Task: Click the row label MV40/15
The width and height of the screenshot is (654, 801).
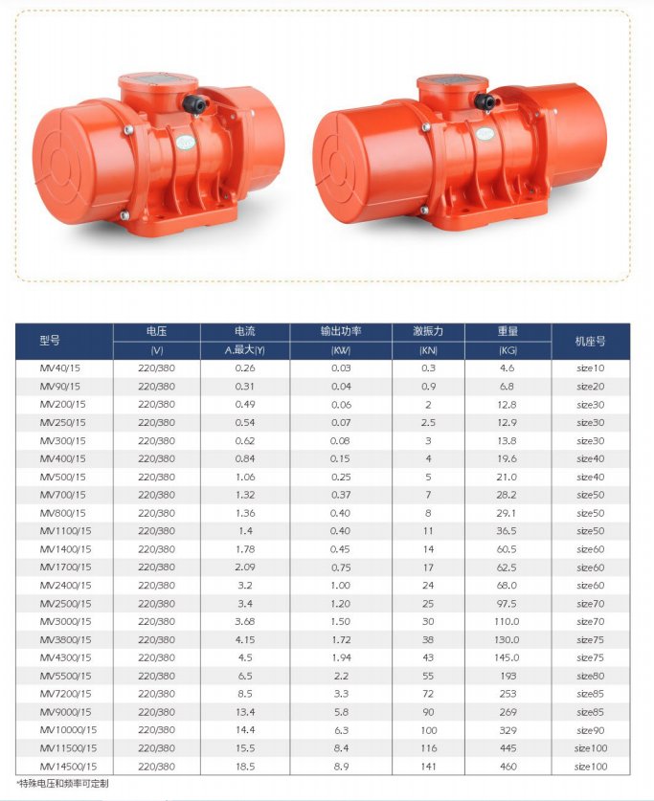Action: (x=59, y=367)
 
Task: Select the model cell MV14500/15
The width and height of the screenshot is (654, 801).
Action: (x=68, y=767)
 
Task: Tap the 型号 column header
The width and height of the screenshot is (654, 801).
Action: (x=50, y=341)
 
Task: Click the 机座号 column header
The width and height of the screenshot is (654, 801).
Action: (x=590, y=342)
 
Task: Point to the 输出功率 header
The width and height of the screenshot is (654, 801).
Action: (x=341, y=331)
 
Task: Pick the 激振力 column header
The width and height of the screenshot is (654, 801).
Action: (x=428, y=331)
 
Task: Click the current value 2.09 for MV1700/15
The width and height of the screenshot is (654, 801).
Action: (x=245, y=567)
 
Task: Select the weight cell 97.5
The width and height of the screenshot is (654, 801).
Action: (x=507, y=603)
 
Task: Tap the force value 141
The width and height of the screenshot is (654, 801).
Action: (x=428, y=767)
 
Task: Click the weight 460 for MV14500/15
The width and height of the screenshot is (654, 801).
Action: (x=507, y=767)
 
